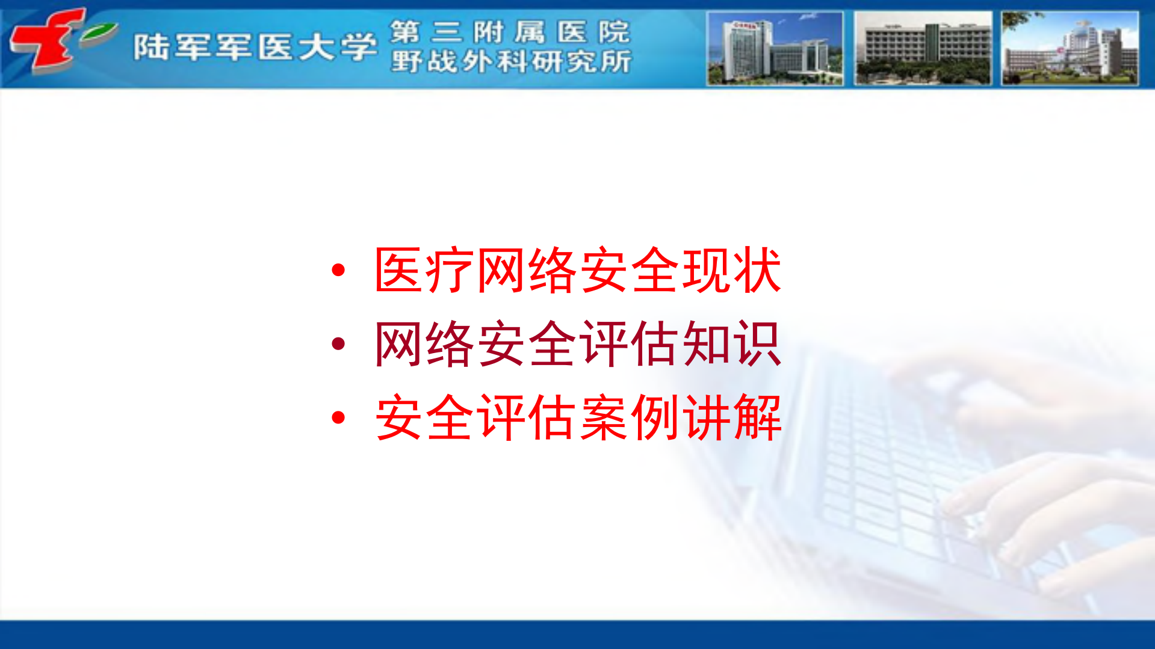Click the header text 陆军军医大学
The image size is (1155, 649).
click(x=255, y=47)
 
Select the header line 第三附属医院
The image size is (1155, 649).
click(x=510, y=32)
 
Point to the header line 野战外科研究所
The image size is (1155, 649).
click(x=511, y=61)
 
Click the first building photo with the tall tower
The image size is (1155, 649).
click(x=775, y=49)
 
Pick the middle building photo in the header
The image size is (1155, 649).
click(x=922, y=49)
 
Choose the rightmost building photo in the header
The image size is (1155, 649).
click(x=1070, y=49)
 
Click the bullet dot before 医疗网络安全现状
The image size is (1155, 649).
click(x=338, y=270)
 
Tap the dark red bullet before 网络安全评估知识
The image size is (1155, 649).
click(x=338, y=343)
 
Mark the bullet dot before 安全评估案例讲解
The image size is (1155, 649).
click(x=338, y=417)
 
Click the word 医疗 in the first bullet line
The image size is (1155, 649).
click(x=424, y=271)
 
